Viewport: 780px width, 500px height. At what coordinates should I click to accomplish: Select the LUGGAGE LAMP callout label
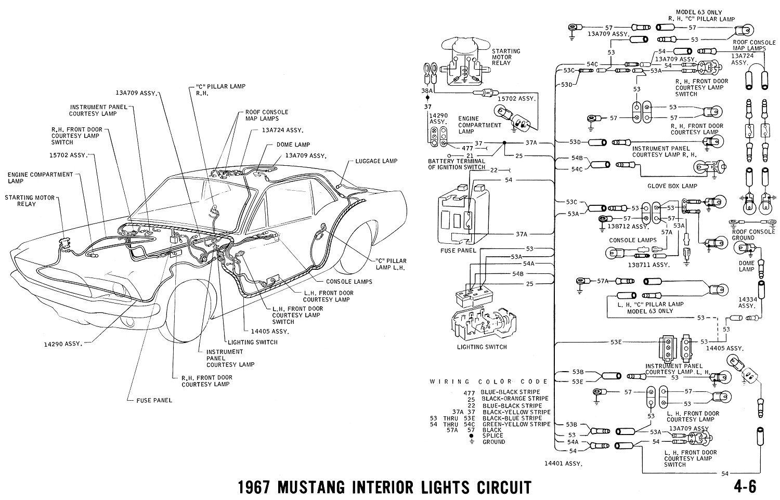pyautogui.click(x=376, y=161)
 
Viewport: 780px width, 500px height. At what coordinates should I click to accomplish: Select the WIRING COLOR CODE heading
pyautogui.click(x=489, y=381)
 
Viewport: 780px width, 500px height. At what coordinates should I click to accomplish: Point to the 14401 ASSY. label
pyautogui.click(x=563, y=463)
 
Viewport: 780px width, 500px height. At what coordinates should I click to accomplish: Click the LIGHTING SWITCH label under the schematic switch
pyautogui.click(x=481, y=347)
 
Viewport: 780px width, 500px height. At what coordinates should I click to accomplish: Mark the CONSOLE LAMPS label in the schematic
pyautogui.click(x=630, y=240)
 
